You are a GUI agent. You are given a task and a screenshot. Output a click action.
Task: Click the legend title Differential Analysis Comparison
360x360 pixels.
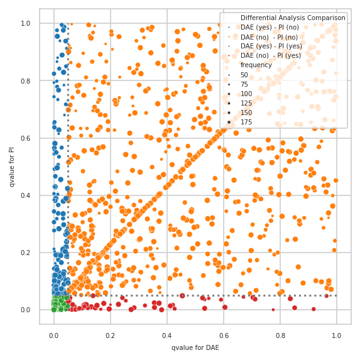[293, 18]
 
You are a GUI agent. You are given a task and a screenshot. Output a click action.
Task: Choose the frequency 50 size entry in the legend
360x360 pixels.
[246, 75]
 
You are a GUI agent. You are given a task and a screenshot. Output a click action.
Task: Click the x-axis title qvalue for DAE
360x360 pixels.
[195, 347]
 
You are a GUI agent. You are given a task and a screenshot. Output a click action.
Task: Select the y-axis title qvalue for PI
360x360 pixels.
[12, 166]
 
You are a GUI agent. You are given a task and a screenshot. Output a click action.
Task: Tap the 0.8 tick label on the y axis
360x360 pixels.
[26, 81]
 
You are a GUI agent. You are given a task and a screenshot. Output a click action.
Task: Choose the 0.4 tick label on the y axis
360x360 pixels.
[26, 195]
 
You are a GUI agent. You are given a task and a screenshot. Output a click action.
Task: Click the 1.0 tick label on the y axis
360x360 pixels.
[26, 24]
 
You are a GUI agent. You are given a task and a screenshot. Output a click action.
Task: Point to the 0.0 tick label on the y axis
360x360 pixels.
[26, 310]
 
